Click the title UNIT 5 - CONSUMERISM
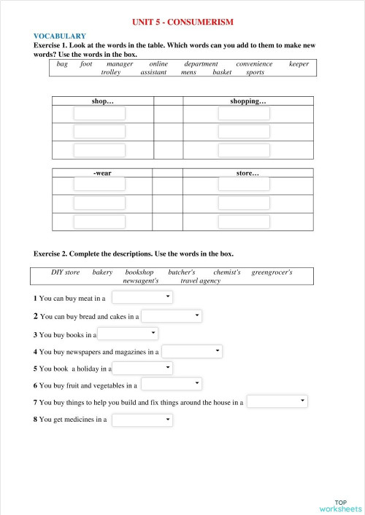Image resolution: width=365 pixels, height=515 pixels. tap(182, 23)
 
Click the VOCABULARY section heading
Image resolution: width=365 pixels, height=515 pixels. tap(60, 36)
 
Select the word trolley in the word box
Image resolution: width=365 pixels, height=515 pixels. tap(111, 72)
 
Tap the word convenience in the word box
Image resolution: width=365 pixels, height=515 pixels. tap(254, 63)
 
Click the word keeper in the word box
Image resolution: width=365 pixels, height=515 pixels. tap(299, 63)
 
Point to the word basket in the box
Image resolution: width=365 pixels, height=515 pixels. tap(222, 72)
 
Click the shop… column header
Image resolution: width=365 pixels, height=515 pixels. tap(102, 101)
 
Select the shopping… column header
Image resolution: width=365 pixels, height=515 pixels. tap(248, 101)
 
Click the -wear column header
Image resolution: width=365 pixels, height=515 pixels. tap(102, 173)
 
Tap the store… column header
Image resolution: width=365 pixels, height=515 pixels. tap(248, 173)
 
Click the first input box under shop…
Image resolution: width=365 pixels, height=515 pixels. tap(99, 114)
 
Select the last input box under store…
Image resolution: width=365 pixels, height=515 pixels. tap(245, 221)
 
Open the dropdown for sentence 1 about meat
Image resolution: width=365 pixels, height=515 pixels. tap(142, 297)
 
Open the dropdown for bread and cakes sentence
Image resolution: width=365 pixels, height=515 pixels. tap(172, 315)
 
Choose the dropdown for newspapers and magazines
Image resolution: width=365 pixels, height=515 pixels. tap(191, 351)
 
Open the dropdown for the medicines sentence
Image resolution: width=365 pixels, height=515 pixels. tap(142, 420)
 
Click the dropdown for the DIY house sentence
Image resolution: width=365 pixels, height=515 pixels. tap(277, 401)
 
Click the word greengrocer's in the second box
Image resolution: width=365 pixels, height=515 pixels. tap(272, 272)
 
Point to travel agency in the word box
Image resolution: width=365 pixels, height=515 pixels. tap(200, 280)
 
